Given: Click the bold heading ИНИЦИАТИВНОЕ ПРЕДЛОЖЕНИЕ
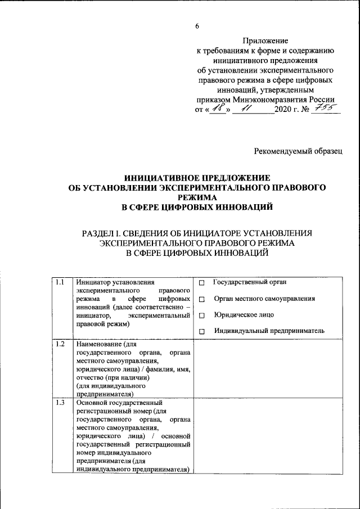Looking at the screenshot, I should click(x=196, y=177).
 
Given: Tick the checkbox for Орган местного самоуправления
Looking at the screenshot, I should click(x=201, y=300).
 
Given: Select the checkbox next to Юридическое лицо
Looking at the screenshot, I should click(x=201, y=317).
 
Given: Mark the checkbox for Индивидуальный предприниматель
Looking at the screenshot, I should click(x=201, y=333).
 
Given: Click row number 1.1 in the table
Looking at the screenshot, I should click(x=60, y=282).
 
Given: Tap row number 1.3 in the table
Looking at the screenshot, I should click(x=60, y=403).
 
